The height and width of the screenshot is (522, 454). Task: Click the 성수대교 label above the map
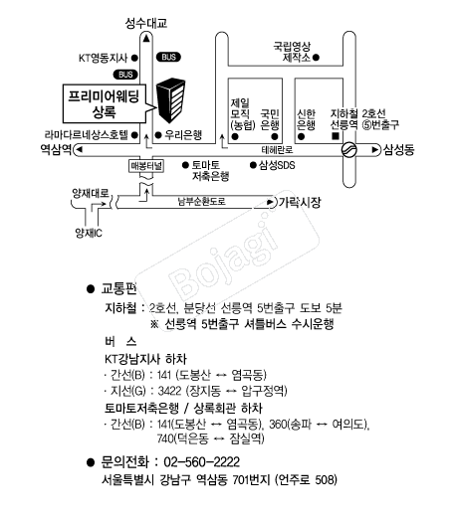(145, 23)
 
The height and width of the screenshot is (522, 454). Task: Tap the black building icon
(170, 100)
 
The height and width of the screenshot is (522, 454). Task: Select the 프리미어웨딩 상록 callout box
(105, 103)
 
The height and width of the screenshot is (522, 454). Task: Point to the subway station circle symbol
(349, 149)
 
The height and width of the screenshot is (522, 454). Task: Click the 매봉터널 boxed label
(146, 166)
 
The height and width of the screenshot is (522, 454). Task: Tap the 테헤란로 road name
(278, 150)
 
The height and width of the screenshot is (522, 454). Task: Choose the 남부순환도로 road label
(202, 202)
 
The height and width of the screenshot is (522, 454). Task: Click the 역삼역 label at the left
(56, 149)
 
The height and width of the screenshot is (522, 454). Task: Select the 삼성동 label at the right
(398, 149)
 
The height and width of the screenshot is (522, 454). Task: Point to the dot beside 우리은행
(158, 135)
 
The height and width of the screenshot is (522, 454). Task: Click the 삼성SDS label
(277, 165)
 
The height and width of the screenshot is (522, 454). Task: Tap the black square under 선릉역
(336, 136)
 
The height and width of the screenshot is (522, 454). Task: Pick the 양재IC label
(89, 233)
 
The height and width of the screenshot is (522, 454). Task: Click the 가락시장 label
(300, 202)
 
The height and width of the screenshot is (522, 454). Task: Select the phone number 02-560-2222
(202, 462)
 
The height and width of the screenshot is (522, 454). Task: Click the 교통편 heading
(118, 288)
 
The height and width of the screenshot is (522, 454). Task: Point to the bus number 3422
(170, 391)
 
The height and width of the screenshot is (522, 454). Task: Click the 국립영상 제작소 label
(292, 52)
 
